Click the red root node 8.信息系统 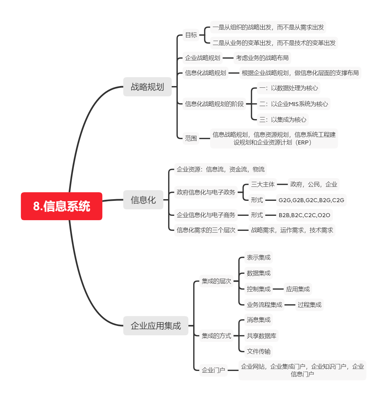[x=61, y=206]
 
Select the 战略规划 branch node [x=147, y=87]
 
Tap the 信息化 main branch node [x=143, y=200]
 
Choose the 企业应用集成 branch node [x=156, y=326]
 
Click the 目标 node [x=191, y=35]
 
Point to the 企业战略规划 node [x=203, y=58]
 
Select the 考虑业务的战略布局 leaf [x=262, y=58]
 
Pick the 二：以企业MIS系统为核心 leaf [x=293, y=104]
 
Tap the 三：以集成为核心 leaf [x=283, y=119]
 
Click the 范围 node [x=191, y=138]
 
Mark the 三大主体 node [x=263, y=184]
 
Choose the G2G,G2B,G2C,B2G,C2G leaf [x=311, y=200]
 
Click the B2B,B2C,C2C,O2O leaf [x=304, y=215]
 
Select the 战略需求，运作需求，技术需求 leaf [x=292, y=230]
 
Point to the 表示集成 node [x=259, y=258]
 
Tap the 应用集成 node [x=298, y=289]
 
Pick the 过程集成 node [x=309, y=305]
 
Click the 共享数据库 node [x=261, y=336]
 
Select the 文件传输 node [x=259, y=351]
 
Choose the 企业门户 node [x=213, y=370]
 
